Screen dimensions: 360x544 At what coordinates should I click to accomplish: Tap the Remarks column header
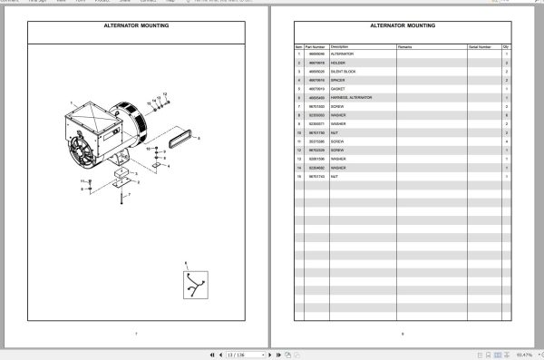404,45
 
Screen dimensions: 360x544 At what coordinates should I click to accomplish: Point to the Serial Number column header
480,45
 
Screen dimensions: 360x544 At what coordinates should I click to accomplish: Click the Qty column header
506,45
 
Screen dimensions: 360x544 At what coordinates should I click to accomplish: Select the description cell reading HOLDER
337,63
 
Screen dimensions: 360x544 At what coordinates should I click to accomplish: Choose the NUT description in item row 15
335,175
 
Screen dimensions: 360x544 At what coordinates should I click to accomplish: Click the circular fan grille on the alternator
87,153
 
